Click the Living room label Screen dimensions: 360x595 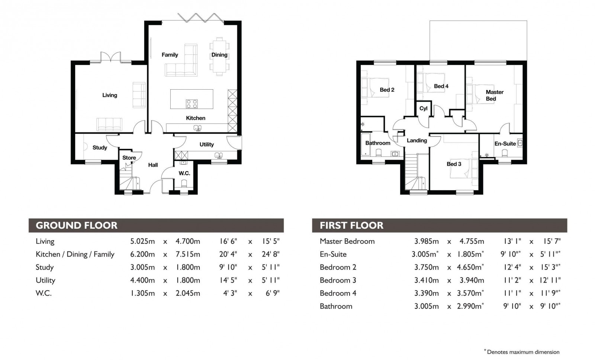point(110,95)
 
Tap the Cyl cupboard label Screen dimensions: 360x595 point(423,109)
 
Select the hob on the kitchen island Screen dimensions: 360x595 point(192,104)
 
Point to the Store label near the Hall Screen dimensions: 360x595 point(129,158)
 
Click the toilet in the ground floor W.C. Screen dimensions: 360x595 point(184,183)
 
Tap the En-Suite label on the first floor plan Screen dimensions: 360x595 point(505,144)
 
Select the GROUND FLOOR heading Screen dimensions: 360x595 point(77,225)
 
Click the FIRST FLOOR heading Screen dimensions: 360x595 point(351,225)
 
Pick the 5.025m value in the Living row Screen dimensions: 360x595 point(142,241)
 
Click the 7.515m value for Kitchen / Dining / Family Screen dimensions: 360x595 point(188,254)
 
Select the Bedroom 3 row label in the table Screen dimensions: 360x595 point(338,280)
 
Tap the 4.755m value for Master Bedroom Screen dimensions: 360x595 point(472,241)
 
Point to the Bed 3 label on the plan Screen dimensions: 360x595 point(454,164)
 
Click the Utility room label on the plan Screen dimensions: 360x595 point(206,144)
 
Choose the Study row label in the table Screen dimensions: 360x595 point(45,267)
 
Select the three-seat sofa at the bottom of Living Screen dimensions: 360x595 point(109,124)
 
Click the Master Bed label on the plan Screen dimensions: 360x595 point(494,95)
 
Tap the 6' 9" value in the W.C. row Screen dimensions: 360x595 point(272,293)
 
